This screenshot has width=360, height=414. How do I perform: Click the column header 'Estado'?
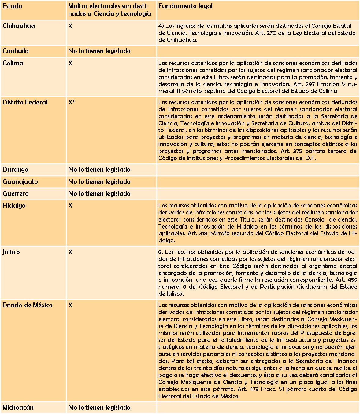point(12,6)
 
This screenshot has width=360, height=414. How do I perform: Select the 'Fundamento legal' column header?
point(185,6)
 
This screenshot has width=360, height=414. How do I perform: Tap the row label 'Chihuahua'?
point(19,26)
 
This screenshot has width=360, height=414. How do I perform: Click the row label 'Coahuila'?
point(16,51)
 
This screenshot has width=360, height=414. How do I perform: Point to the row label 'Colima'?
point(13,63)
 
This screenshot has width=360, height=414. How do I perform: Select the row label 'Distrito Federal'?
point(25,102)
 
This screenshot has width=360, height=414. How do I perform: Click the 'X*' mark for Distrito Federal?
point(72,102)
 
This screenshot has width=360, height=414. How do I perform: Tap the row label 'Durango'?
point(15,170)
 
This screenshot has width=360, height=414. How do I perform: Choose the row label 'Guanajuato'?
point(20,182)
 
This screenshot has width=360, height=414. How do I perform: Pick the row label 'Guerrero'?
point(16,194)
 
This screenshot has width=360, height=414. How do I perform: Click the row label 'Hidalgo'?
point(14,206)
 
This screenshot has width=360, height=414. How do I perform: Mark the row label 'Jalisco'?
point(11,252)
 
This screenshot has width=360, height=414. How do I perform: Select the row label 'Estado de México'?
point(27,305)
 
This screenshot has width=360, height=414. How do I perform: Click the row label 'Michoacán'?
point(18,408)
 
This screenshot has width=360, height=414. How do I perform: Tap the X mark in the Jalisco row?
point(70,252)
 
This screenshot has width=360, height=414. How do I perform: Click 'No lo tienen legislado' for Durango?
point(99,170)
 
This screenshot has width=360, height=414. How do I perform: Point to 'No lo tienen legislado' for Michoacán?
point(99,408)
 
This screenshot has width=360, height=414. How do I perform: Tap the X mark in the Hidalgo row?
point(70,206)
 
